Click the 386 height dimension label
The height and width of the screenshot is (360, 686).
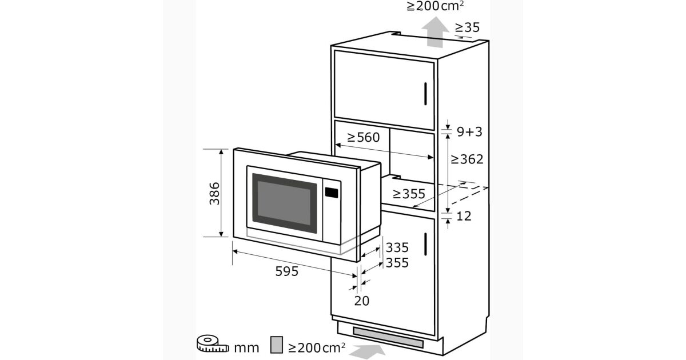click(214, 194)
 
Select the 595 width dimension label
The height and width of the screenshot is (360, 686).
click(286, 271)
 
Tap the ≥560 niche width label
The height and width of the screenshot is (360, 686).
click(363, 138)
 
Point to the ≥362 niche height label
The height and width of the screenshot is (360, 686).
click(466, 159)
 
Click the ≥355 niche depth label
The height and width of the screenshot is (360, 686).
click(409, 194)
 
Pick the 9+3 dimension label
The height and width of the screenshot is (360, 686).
click(469, 131)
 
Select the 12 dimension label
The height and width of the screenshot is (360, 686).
click(464, 216)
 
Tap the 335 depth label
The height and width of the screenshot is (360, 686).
click(397, 247)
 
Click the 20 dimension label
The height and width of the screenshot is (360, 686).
click(362, 301)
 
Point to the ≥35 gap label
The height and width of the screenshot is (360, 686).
click(467, 27)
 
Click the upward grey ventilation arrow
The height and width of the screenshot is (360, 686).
click(435, 32)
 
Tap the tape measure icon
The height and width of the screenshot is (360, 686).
click(213, 343)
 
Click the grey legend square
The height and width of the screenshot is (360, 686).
click(277, 345)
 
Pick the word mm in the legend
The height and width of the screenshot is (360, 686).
click(246, 349)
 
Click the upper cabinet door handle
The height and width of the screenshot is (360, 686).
click(425, 94)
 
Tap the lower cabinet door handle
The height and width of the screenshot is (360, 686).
click(425, 244)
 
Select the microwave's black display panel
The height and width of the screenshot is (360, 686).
click(332, 193)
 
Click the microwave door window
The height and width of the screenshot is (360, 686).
click(284, 203)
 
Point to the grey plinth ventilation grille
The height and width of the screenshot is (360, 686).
click(388, 337)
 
